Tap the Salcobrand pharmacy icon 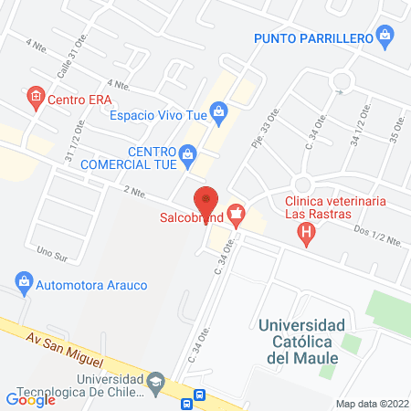click(237, 216)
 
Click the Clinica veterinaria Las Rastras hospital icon click(307, 233)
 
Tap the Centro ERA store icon click(36, 99)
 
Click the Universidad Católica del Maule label click(300, 341)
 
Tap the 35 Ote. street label click(395, 129)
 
